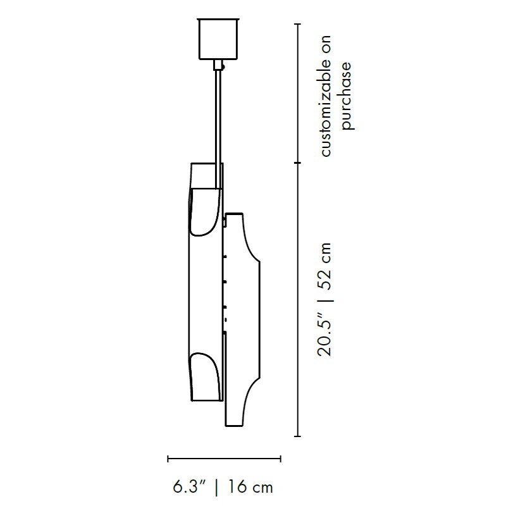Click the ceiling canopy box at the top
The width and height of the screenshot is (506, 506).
[218, 39]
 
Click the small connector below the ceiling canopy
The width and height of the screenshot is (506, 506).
[218, 65]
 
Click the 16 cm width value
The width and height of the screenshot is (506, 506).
[250, 486]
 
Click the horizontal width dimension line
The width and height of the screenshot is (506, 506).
[225, 459]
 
